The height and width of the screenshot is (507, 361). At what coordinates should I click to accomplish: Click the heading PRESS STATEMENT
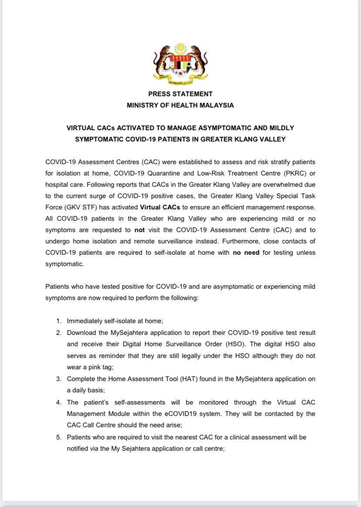point(180,94)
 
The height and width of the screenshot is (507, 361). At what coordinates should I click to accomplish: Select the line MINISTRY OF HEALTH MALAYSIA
point(180,105)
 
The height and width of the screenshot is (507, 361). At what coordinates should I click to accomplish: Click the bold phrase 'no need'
point(245,253)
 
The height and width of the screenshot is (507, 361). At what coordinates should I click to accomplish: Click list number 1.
point(58,321)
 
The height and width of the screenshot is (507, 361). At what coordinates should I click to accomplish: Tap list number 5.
point(58,437)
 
